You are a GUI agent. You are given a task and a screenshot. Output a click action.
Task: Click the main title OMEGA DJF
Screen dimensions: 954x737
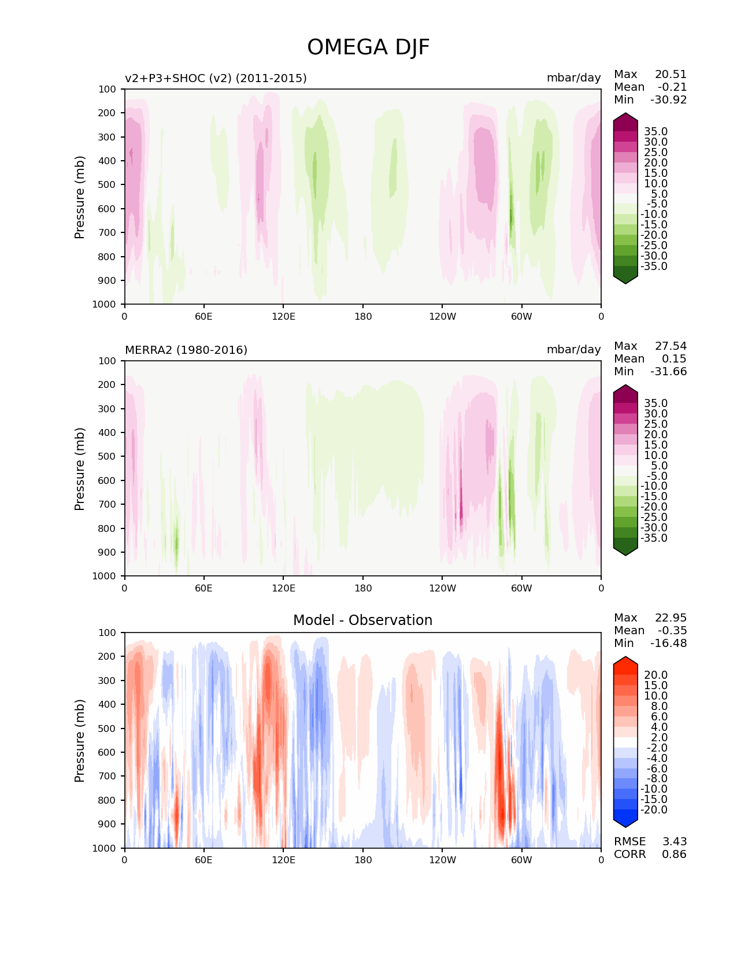[x=368, y=47]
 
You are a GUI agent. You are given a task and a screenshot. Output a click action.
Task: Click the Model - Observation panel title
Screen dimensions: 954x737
[x=362, y=620]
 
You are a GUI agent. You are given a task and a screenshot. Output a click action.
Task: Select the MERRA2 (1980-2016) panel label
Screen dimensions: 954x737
[x=186, y=350]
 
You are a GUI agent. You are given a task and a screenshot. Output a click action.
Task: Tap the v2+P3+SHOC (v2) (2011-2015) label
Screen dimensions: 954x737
[x=216, y=78]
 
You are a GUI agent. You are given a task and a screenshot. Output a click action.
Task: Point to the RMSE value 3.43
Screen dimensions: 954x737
[x=674, y=841]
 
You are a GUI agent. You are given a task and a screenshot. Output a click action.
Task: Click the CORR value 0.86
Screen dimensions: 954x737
[x=674, y=854]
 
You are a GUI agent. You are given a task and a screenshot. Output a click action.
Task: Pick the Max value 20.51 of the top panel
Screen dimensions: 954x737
[x=671, y=75]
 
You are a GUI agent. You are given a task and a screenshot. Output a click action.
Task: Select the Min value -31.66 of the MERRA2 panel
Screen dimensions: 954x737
[x=668, y=372]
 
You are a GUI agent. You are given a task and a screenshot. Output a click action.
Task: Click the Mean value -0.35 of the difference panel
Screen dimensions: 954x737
[x=672, y=631]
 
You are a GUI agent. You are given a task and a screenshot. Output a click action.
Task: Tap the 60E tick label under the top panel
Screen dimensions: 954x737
[x=203, y=316]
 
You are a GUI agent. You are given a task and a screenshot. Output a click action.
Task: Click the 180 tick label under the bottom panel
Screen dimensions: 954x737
[x=362, y=860]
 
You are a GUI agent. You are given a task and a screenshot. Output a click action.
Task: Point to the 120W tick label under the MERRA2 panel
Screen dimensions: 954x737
[x=442, y=588]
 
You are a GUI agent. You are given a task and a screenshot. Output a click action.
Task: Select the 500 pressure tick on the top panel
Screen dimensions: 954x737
[x=107, y=184]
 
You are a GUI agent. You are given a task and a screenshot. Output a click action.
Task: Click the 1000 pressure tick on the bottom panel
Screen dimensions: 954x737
[x=105, y=848]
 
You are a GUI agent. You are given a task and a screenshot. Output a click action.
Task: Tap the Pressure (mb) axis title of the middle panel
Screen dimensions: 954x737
[x=80, y=468]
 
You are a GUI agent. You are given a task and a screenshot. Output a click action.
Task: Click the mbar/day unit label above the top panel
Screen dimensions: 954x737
[x=573, y=78]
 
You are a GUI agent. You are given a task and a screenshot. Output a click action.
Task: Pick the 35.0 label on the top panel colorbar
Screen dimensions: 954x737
[x=655, y=132]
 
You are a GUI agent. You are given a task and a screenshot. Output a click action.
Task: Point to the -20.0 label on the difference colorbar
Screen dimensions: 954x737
[x=654, y=810]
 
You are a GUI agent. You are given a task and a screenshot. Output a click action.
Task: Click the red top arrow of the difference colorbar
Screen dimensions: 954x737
[x=625, y=662]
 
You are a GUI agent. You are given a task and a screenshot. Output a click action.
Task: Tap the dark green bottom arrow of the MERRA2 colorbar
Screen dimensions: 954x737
[x=625, y=550]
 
